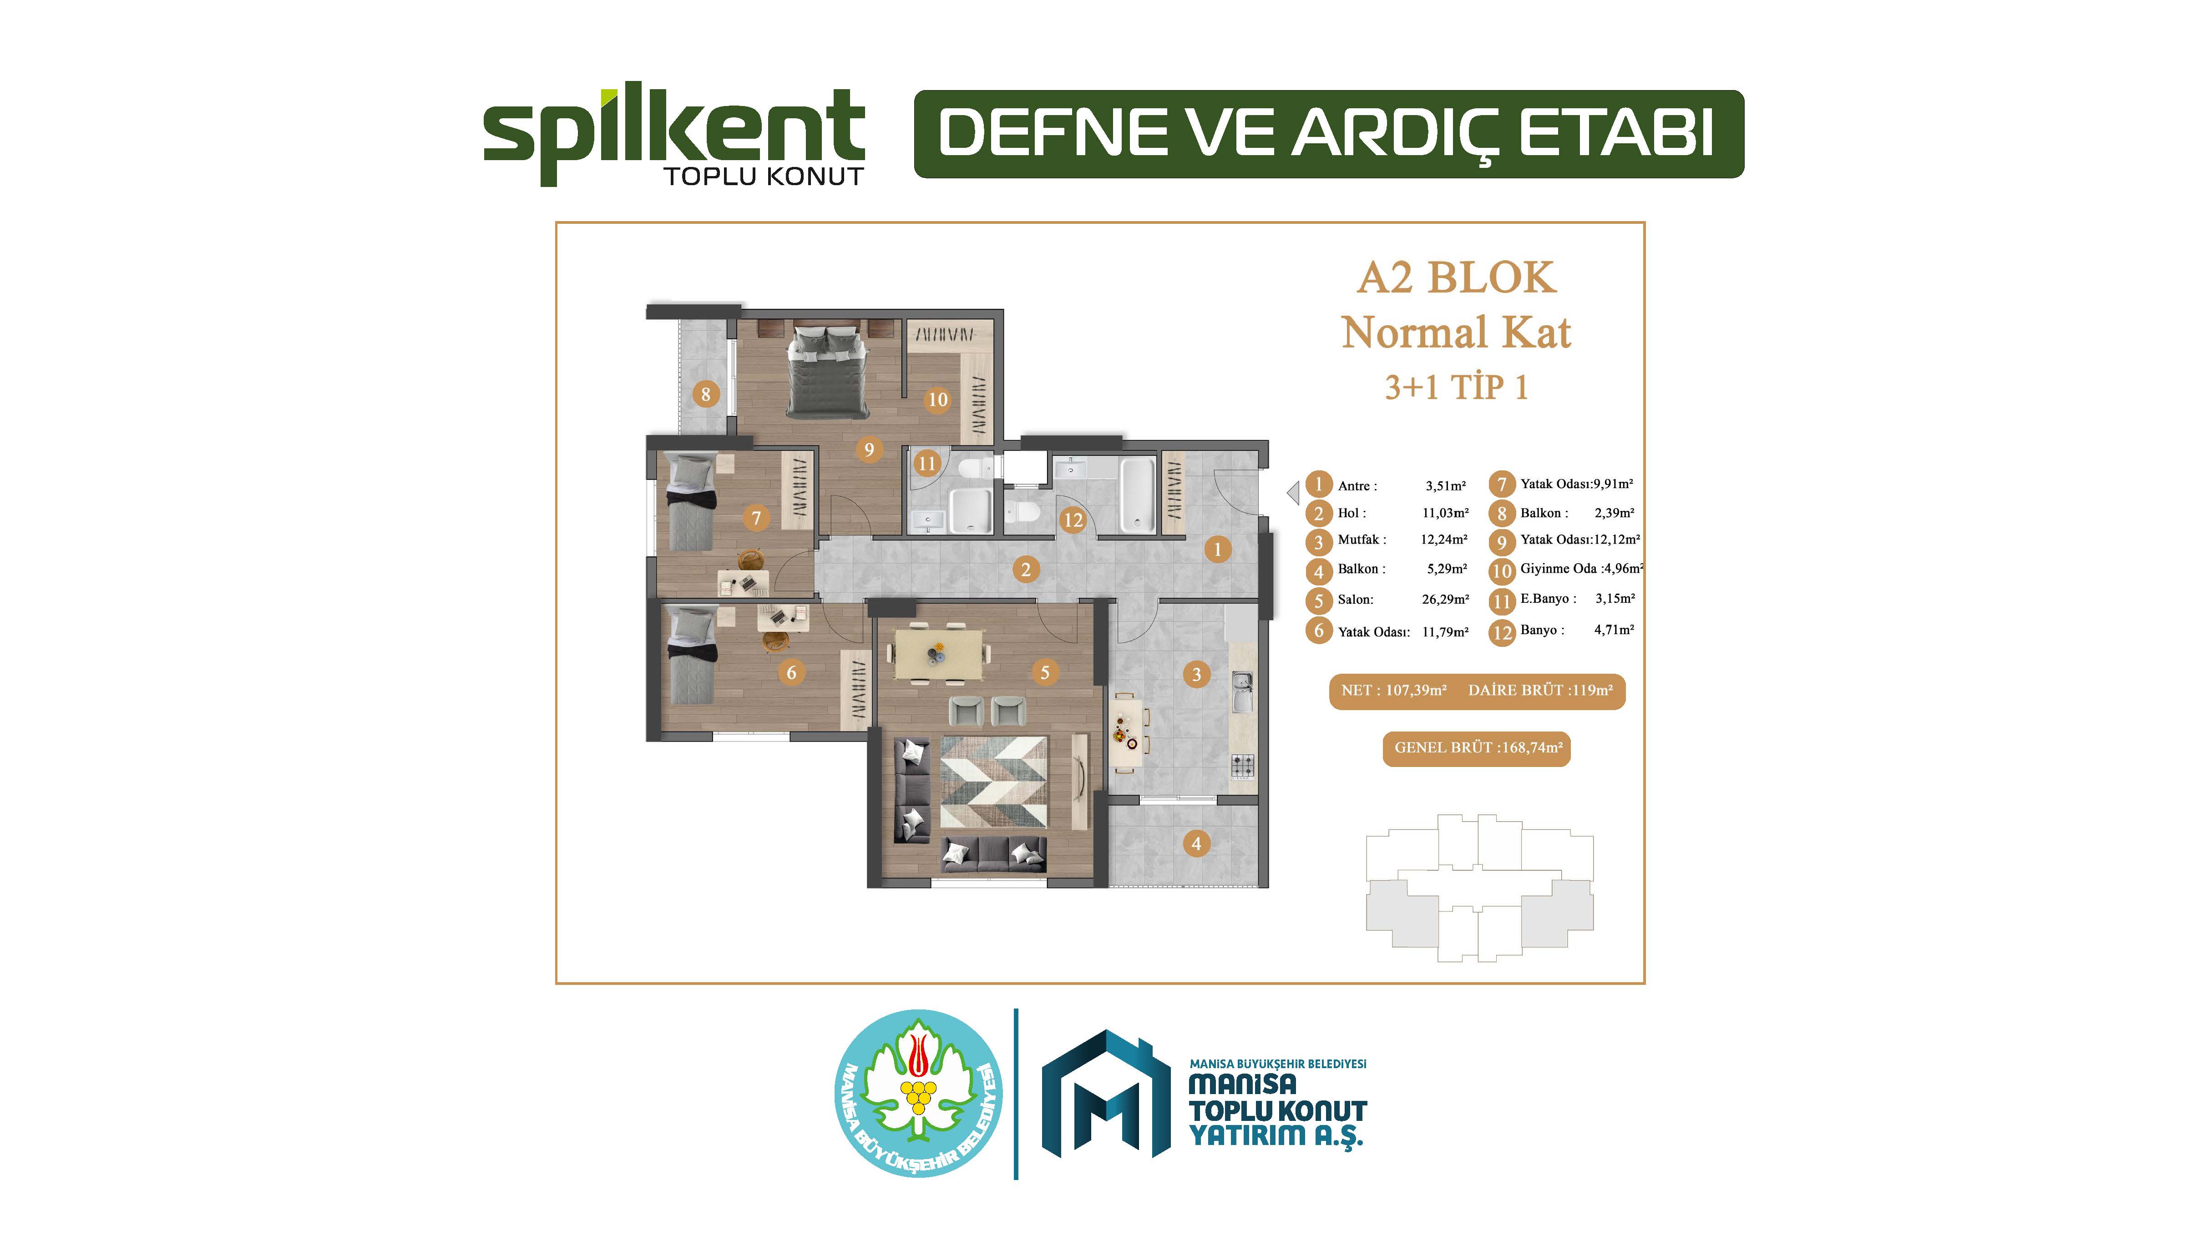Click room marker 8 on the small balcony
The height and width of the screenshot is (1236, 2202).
(705, 394)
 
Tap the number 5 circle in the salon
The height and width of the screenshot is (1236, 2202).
(1045, 673)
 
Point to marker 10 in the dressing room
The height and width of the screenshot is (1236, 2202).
(938, 399)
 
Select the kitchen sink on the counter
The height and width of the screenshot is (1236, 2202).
(1242, 691)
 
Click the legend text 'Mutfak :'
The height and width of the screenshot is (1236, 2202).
(1362, 540)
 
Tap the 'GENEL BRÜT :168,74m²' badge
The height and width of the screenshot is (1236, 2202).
(1476, 748)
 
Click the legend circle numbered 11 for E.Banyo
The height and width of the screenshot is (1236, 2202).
(1502, 601)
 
